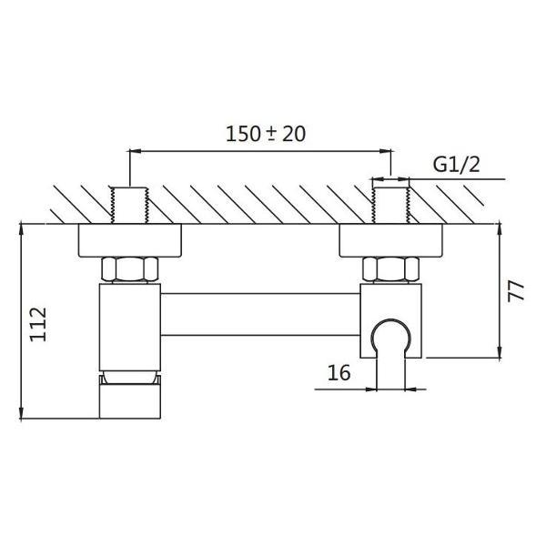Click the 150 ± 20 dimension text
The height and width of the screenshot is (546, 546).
click(x=266, y=134)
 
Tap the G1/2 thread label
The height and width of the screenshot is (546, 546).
click(x=456, y=165)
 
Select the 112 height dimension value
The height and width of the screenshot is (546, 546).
click(x=38, y=324)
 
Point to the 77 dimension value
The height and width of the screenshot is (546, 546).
click(x=515, y=291)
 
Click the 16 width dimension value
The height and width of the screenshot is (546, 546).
click(x=339, y=372)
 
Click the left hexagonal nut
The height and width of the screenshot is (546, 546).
click(x=129, y=268)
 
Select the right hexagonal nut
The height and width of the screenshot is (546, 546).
click(x=390, y=268)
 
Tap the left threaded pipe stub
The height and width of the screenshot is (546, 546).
click(x=129, y=205)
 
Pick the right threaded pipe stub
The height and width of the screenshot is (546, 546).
click(x=390, y=205)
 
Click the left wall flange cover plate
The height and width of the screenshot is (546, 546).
click(x=129, y=240)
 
